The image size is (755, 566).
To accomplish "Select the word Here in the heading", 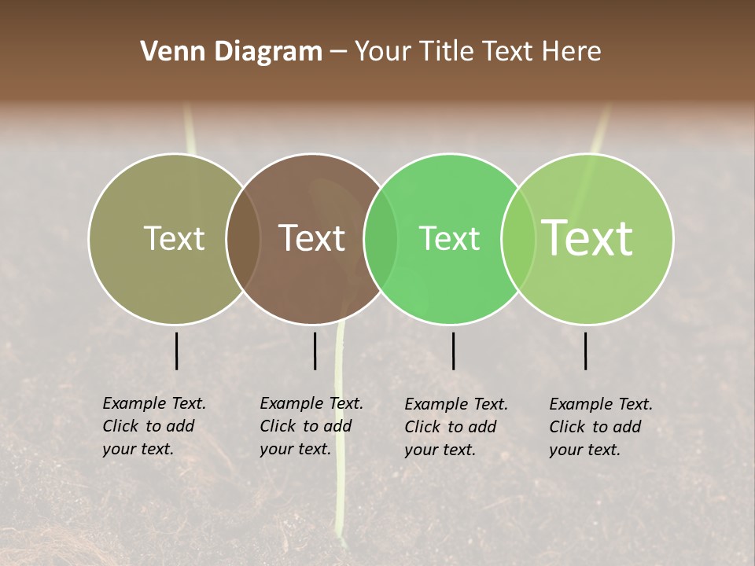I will (571, 52).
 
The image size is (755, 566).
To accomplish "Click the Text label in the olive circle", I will (174, 238).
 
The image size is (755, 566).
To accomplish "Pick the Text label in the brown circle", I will (311, 238).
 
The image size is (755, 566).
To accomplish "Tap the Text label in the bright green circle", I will (449, 238).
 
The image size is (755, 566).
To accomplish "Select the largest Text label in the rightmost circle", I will (587, 237).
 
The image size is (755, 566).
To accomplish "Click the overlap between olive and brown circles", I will (243, 239).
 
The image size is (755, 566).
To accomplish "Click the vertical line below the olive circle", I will (177, 351).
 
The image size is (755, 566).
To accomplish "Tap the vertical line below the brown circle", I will (315, 351).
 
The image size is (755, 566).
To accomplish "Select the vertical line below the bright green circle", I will (453, 351).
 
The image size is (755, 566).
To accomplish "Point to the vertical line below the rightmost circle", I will (586, 351).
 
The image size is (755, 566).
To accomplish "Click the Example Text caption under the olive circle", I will (154, 426).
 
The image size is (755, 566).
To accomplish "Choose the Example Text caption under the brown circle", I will (311, 426).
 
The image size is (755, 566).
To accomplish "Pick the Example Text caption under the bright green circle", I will (456, 427).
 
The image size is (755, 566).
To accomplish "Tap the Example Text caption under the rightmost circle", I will (601, 427).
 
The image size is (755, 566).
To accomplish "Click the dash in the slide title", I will (338, 53).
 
